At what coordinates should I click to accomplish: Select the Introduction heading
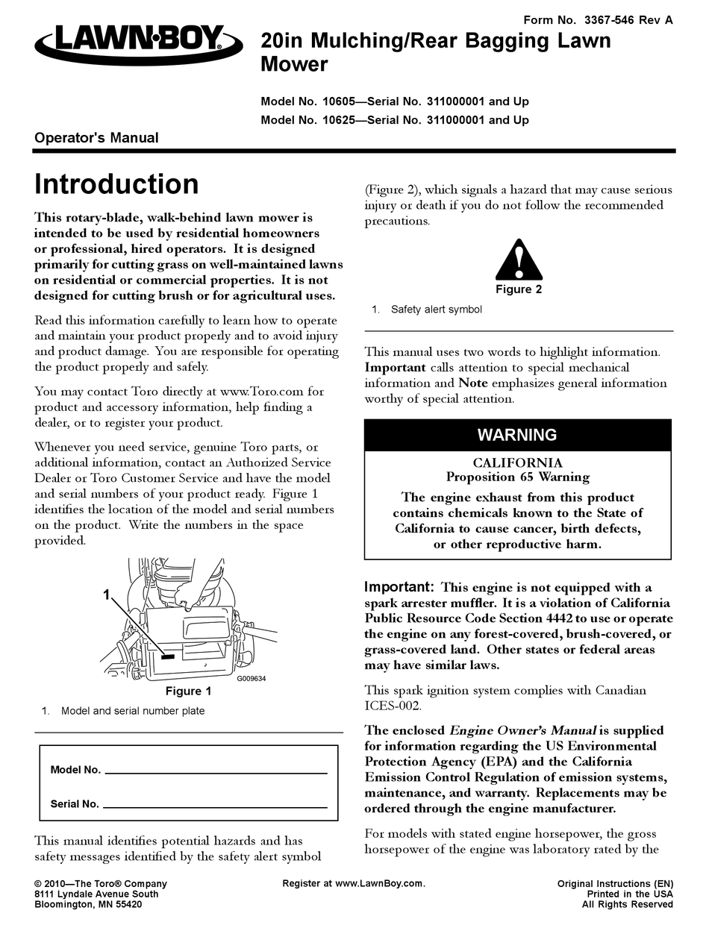point(117,184)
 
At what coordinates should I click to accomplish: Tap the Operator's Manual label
point(97,137)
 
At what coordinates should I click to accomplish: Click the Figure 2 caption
point(519,289)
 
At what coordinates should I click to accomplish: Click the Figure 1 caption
point(188,691)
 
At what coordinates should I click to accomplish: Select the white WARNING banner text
point(517,435)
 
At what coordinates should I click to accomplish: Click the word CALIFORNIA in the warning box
point(517,463)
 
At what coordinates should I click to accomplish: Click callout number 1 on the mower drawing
point(107,594)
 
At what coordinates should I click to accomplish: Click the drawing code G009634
point(252,679)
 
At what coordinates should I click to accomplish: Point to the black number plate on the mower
point(168,656)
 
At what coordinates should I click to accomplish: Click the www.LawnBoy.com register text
point(380,883)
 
